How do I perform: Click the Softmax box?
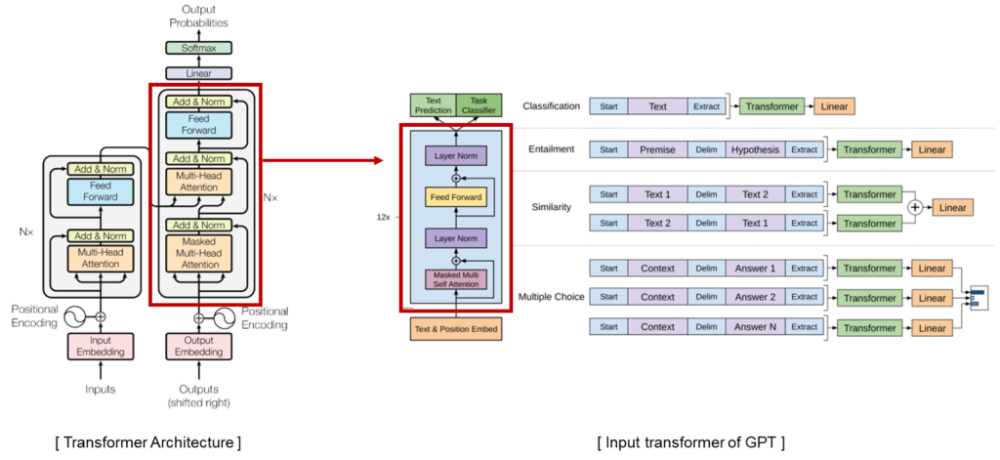(198, 47)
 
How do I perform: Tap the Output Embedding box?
(199, 345)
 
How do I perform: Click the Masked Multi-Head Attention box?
(199, 253)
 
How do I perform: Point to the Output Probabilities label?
(198, 16)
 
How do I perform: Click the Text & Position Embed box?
(455, 329)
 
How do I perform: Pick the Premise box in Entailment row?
(657, 149)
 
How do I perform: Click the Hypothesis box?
(755, 149)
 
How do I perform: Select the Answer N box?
(755, 328)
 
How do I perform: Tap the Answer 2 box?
(755, 297)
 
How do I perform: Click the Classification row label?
(551, 105)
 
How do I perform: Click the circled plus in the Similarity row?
(914, 208)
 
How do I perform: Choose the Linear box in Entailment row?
(933, 149)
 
